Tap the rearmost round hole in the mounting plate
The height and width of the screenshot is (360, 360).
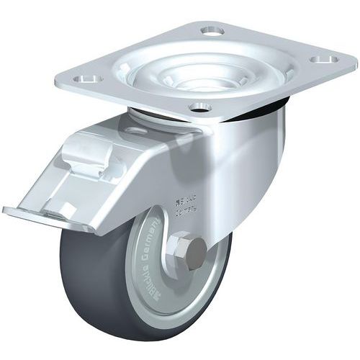click(x=211, y=32)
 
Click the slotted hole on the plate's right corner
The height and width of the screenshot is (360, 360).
click(x=327, y=58)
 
